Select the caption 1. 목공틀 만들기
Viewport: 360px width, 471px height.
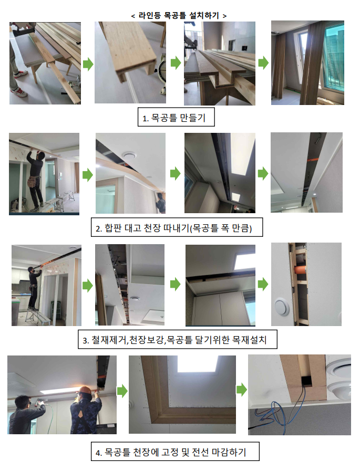(175, 118)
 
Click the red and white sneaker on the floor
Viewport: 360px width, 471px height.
(19, 92)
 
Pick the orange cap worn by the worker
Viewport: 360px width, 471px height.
(85, 391)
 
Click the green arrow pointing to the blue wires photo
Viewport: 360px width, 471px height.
(241, 390)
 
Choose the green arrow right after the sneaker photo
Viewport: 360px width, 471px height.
(87, 64)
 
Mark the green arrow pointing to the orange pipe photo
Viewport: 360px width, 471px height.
(263, 284)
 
